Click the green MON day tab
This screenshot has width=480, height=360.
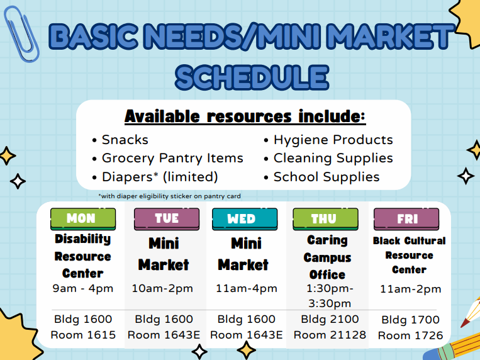coord(82,219)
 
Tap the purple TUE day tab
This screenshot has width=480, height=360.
coord(166,219)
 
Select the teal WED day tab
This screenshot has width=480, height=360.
coord(243,219)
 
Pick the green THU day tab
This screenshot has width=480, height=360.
coord(325,219)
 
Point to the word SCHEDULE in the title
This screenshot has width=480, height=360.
coord(252,77)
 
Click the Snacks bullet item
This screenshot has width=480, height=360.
coord(125,140)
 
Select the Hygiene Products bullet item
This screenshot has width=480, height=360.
coord(333,140)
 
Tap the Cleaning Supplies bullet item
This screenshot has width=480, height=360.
coord(333,158)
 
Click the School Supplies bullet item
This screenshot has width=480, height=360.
coord(326,177)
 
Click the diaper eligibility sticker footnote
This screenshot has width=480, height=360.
coord(169,196)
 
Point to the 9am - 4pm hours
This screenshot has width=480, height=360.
coord(82,289)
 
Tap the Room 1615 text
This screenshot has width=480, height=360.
coord(83,335)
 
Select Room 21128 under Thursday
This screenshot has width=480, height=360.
coord(330,335)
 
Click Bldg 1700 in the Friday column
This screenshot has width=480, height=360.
coord(410,320)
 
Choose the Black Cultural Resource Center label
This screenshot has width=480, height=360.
coord(409,255)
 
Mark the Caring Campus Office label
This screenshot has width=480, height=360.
coord(327,257)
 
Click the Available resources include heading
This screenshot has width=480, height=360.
coord(245,116)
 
